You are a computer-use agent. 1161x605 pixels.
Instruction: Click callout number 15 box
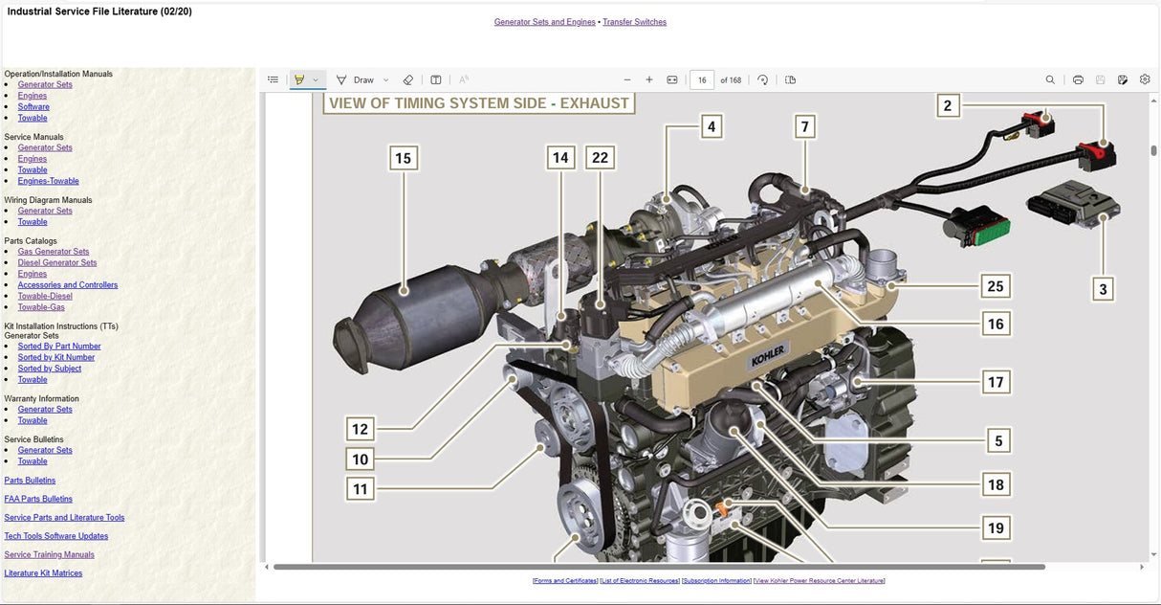click(403, 158)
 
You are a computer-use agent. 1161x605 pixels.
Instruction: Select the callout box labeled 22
click(600, 158)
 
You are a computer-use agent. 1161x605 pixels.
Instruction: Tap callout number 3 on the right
click(1103, 289)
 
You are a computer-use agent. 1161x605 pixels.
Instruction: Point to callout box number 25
click(996, 285)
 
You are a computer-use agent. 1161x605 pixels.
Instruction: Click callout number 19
click(996, 527)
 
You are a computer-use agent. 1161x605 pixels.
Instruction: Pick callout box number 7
click(805, 126)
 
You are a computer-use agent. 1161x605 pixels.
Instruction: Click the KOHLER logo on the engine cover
click(767, 355)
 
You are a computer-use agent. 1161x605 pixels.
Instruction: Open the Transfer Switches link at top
click(634, 22)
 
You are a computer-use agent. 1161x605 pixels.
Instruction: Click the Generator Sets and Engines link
click(544, 22)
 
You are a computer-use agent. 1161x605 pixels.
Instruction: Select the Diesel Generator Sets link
click(57, 262)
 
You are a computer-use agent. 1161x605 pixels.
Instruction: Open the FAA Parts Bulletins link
click(38, 499)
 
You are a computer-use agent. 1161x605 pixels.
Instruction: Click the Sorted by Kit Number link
click(56, 357)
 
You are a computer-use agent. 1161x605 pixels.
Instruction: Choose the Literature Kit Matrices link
click(43, 573)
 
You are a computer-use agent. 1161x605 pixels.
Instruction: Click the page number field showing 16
click(702, 80)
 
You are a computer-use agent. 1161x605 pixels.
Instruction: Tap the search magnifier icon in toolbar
click(1050, 80)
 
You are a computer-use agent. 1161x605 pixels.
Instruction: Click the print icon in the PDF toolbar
click(1078, 80)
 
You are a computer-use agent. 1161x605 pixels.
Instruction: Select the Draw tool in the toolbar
click(356, 80)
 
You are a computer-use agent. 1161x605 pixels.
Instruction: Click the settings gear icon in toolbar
click(1145, 80)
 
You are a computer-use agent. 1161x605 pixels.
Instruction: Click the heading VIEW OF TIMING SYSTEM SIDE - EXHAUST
click(479, 103)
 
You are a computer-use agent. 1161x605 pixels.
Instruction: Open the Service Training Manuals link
click(49, 554)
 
